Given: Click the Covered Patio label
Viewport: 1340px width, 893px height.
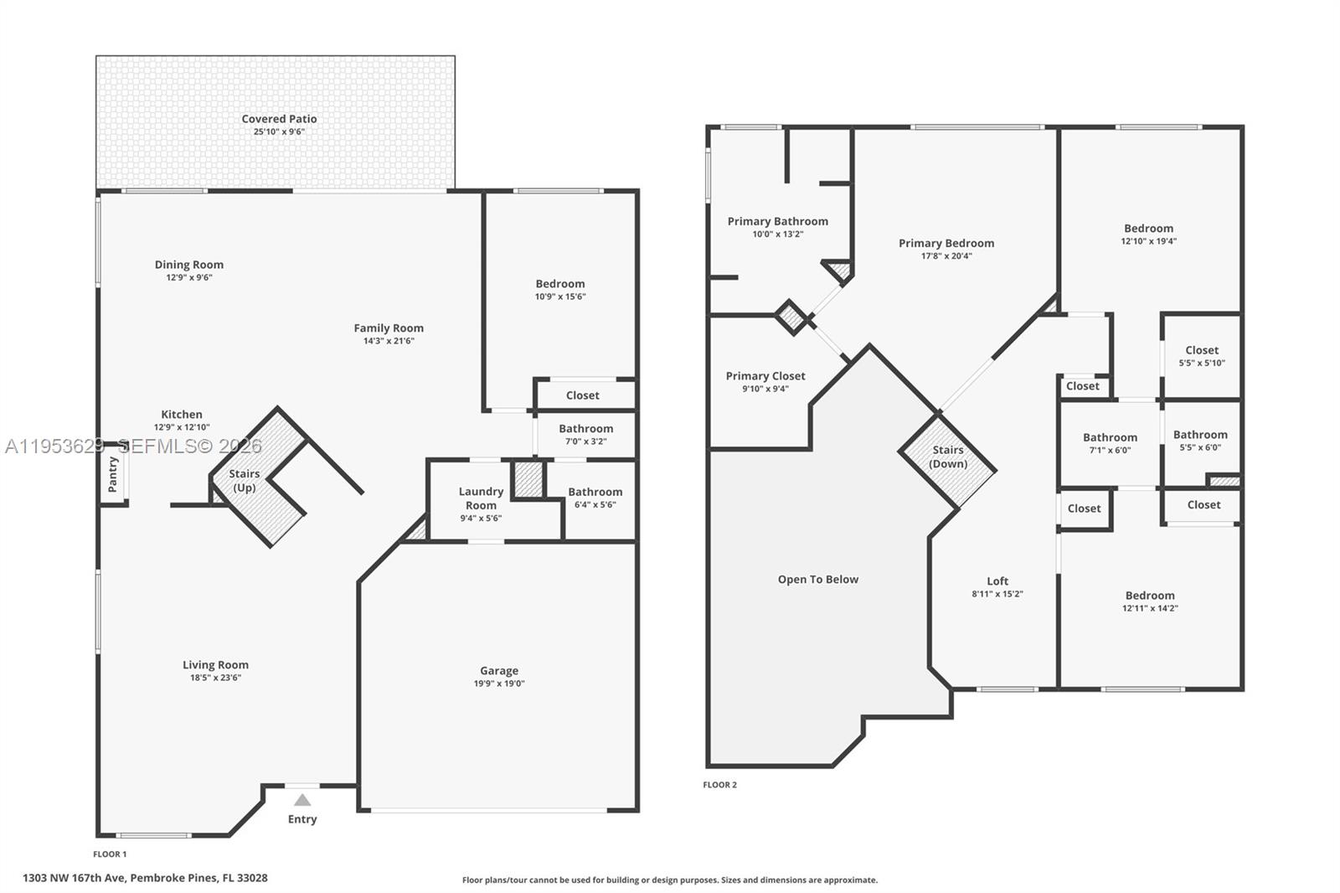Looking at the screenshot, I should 279,119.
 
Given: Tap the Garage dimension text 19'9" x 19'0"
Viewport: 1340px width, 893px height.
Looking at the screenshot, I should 499,684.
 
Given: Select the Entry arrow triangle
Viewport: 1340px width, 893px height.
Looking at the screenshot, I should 302,800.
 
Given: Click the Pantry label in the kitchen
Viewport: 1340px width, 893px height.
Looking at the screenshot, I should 114,474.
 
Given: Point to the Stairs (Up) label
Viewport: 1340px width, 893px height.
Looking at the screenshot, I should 245,480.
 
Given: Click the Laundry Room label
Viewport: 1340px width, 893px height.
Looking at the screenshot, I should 481,498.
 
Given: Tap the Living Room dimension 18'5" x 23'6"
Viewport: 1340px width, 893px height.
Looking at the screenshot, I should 215,678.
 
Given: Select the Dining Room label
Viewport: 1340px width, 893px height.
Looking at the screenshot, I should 188,265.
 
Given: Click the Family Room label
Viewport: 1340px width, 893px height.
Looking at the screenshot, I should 389,328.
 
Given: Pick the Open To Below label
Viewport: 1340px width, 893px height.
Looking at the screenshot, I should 817,579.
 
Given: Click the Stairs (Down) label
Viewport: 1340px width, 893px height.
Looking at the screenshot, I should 948,457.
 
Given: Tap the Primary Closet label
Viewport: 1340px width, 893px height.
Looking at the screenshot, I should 765,376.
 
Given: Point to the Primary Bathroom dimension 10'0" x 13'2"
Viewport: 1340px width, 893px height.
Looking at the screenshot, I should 777,235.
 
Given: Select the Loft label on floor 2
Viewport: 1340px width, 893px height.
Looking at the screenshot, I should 997,581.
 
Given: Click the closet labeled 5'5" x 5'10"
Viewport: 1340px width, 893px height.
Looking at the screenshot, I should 1202,356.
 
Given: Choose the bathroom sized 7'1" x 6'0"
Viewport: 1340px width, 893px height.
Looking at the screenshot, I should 1110,442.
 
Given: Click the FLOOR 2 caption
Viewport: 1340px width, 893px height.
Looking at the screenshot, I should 719,785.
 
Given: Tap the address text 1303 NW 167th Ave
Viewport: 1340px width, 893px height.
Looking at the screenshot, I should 145,878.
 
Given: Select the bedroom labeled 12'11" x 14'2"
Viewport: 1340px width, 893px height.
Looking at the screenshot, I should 1150,601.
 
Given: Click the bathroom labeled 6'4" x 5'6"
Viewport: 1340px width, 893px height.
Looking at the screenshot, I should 595,498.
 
